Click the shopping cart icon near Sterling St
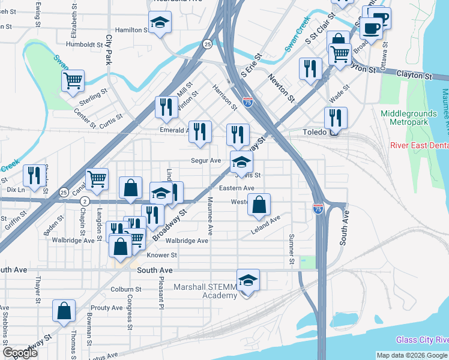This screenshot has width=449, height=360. point(73,80)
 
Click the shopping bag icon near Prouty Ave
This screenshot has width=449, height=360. point(64,311)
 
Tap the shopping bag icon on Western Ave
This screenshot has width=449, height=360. point(259,205)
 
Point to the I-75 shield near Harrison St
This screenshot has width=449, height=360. point(248,103)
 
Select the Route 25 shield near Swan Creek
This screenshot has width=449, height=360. point(206,44)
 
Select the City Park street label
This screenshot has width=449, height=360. point(109,50)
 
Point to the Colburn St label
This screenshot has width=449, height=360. point(126,289)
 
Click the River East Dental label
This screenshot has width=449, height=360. point(419,145)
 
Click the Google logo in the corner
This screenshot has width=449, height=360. point(20,353)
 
